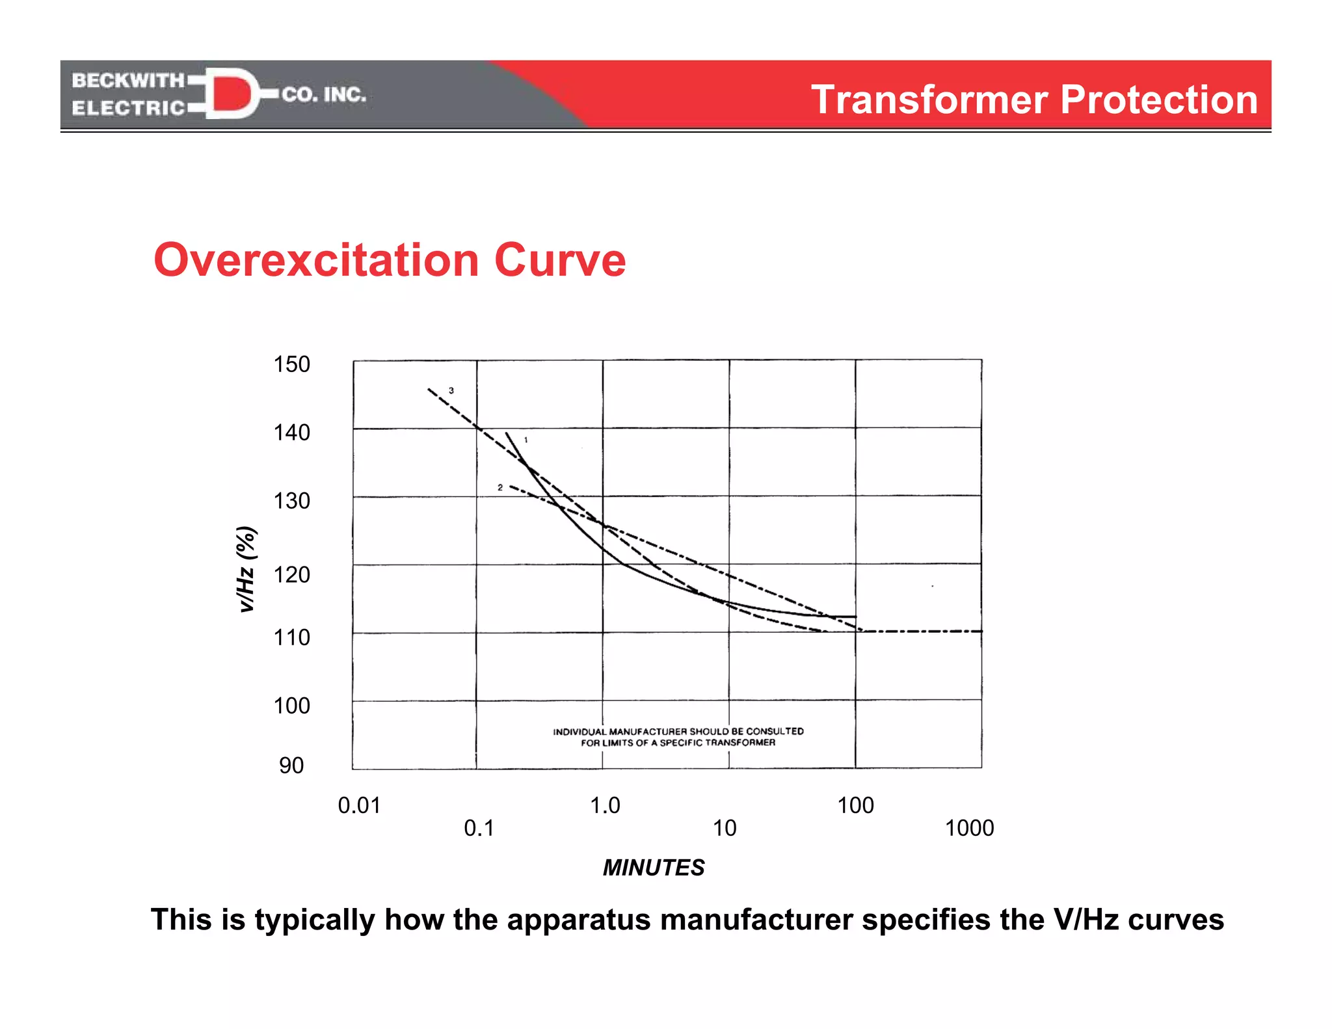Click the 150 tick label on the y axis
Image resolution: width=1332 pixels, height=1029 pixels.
click(x=291, y=364)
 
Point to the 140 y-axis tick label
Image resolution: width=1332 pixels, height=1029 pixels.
click(x=291, y=433)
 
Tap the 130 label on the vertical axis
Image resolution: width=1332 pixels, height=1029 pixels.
click(x=291, y=501)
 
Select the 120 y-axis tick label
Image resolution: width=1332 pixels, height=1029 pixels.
click(x=291, y=574)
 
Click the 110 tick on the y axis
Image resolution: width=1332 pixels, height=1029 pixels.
click(x=291, y=637)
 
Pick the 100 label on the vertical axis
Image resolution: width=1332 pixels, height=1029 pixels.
click(x=291, y=706)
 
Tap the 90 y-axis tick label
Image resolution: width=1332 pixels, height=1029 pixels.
click(x=291, y=766)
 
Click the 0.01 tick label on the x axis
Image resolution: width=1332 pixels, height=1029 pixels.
click(x=359, y=806)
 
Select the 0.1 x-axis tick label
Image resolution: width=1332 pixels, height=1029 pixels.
click(x=479, y=829)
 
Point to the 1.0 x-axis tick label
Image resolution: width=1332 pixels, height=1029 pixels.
click(x=605, y=806)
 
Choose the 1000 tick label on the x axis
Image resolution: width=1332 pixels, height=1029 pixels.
click(x=969, y=829)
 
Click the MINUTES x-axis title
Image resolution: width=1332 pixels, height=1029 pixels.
click(x=654, y=868)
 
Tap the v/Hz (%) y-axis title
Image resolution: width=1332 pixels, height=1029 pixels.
click(x=246, y=569)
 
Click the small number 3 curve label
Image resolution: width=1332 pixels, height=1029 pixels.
click(x=451, y=391)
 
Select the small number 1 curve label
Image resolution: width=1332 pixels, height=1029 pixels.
click(x=526, y=440)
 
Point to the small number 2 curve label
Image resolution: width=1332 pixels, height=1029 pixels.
click(x=500, y=487)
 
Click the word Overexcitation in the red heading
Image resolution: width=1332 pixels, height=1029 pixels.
click(x=317, y=260)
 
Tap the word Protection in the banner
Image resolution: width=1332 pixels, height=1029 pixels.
click(x=1159, y=100)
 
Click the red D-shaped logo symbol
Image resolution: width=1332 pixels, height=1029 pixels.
click(x=232, y=93)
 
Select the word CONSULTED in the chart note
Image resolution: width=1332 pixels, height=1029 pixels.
click(x=775, y=731)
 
